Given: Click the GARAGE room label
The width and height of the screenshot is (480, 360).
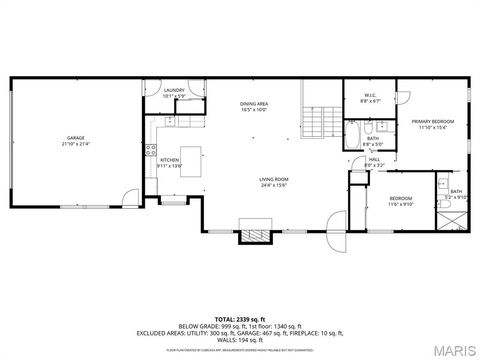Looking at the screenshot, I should point(75,137).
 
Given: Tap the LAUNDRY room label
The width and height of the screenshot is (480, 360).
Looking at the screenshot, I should point(174,91).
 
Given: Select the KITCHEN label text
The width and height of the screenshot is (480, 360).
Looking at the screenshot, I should point(170,160).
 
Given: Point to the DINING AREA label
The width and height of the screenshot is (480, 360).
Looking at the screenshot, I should point(253,104).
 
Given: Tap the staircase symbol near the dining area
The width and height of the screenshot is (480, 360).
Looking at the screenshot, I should point(317,122).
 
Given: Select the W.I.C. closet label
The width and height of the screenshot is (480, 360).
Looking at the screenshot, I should point(368,95).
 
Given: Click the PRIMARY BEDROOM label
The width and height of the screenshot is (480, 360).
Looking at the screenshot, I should point(433,122).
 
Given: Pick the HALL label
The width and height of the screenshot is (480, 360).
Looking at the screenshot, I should point(374,159).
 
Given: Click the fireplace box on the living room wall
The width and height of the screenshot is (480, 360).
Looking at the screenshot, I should point(248,236).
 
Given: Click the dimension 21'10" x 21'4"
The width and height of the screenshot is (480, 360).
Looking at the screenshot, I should point(75,143).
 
